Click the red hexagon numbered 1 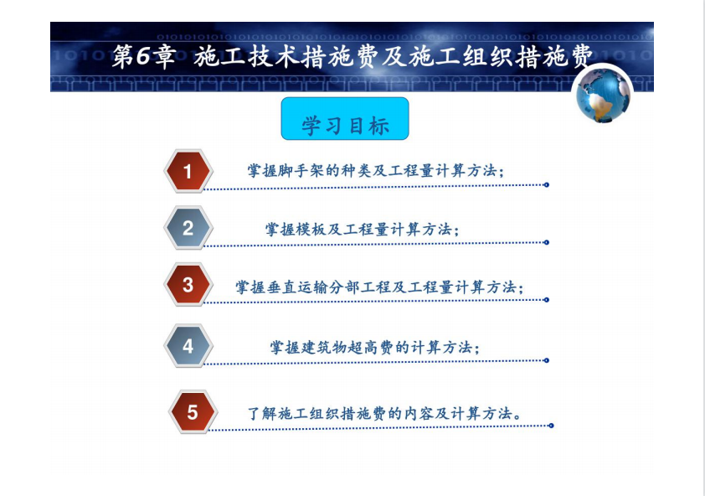click(x=188, y=171)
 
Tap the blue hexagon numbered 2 click(x=188, y=228)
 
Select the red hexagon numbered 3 click(x=188, y=285)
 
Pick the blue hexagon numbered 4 click(x=188, y=346)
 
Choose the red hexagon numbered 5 click(x=193, y=412)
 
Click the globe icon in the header click(x=603, y=94)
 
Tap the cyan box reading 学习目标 click(x=345, y=119)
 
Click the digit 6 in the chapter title click(x=142, y=56)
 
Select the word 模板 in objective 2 click(x=311, y=230)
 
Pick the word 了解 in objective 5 click(x=262, y=413)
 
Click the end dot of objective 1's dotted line click(x=547, y=184)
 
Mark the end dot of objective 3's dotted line click(x=547, y=300)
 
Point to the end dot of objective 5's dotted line click(x=551, y=426)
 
